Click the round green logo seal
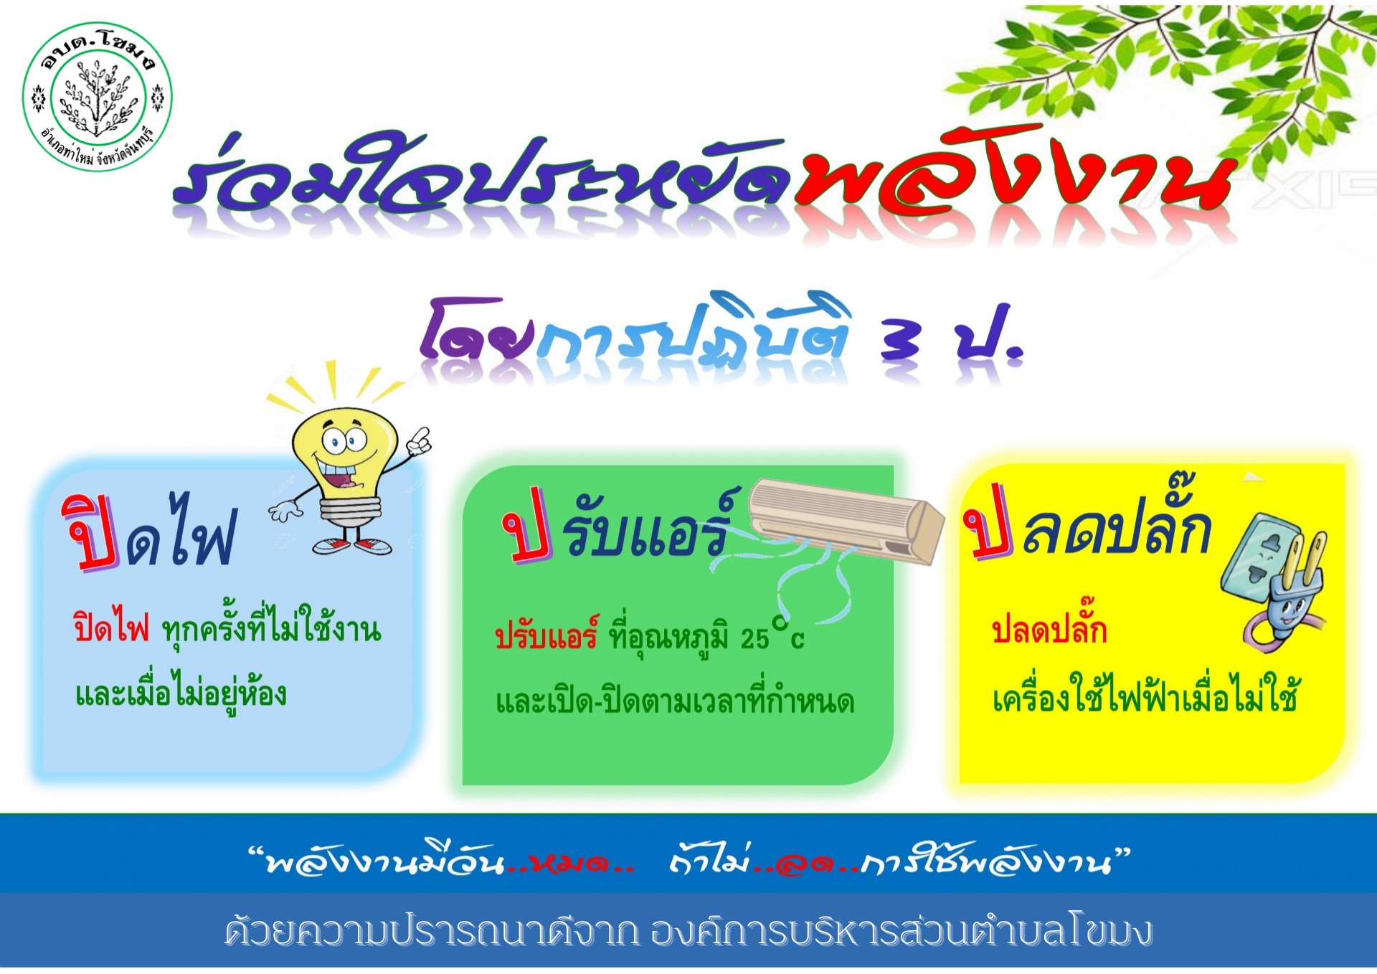pyautogui.click(x=98, y=96)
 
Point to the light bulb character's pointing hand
pyautogui.click(x=419, y=440)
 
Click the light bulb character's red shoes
pyautogui.click(x=352, y=546)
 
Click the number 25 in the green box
pyautogui.click(x=754, y=638)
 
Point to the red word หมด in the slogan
pyautogui.click(x=570, y=863)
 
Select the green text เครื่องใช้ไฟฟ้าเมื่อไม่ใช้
pyautogui.click(x=1145, y=694)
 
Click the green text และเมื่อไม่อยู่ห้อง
pyautogui.click(x=181, y=692)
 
